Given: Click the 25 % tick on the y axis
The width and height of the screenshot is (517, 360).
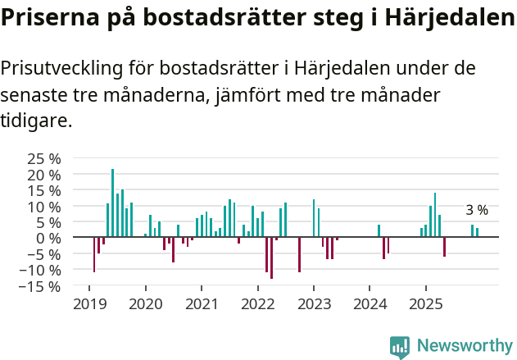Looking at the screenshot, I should point(43,158).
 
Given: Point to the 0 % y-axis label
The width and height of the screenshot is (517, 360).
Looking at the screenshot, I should point(48,238).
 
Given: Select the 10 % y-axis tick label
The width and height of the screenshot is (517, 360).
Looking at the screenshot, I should point(43,206).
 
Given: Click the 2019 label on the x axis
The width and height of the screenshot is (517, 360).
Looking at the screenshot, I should point(89,305).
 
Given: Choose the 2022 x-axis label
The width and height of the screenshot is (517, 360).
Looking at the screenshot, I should point(257,305).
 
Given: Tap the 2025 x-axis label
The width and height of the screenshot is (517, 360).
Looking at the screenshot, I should point(425,305).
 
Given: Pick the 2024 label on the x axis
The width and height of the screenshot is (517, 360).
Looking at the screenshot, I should point(370,305).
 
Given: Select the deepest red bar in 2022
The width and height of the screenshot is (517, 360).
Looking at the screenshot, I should point(272,257).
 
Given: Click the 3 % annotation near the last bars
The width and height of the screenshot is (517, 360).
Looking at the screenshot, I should point(477,210).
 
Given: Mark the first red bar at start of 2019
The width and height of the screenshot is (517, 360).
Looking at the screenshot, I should point(94,254).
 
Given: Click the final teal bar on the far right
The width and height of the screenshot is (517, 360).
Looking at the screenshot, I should point(478,232).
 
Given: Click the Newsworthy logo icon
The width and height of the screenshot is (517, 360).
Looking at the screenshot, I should point(400,347).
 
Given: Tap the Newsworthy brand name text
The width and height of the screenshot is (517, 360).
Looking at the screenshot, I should point(465,347).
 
